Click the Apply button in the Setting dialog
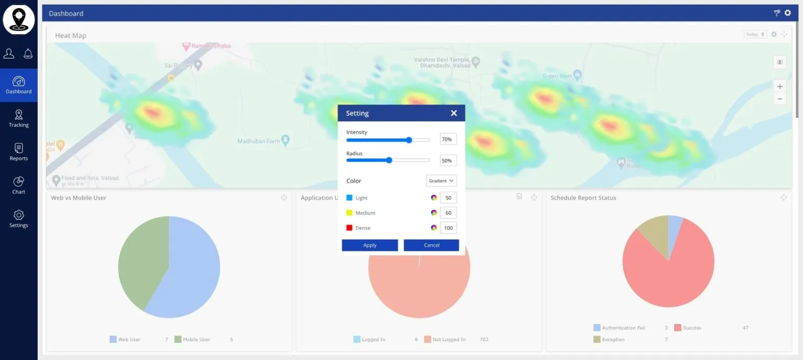(370, 245)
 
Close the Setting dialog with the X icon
(454, 113)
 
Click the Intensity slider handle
(409, 140)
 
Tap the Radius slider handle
(389, 160)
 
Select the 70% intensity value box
(448, 140)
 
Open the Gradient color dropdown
(441, 181)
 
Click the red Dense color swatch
(349, 228)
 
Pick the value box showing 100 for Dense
(448, 228)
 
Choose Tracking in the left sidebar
(19, 119)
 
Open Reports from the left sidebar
(19, 152)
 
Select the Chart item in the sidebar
(19, 185)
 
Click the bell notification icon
(28, 53)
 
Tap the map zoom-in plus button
(779, 87)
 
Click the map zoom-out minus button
(779, 99)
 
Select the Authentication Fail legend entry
(623, 328)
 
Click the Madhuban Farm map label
(259, 141)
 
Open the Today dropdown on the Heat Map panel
(755, 34)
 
